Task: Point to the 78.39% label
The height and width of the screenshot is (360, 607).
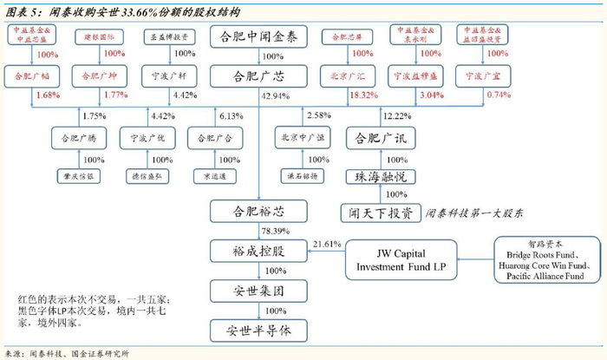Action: [275, 232]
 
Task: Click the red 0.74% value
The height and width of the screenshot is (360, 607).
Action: [497, 95]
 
